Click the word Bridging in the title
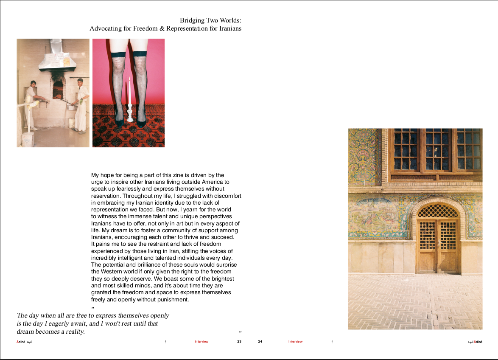click(x=192, y=20)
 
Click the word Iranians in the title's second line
click(x=228, y=29)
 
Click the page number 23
click(x=239, y=342)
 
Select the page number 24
click(x=260, y=342)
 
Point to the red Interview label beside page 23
click(x=201, y=342)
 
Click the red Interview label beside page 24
click(x=296, y=342)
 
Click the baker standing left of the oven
click(x=31, y=104)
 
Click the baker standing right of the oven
click(x=81, y=106)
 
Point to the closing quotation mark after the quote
click(x=240, y=332)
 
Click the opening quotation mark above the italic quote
click(x=93, y=307)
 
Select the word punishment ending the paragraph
click(x=172, y=299)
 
